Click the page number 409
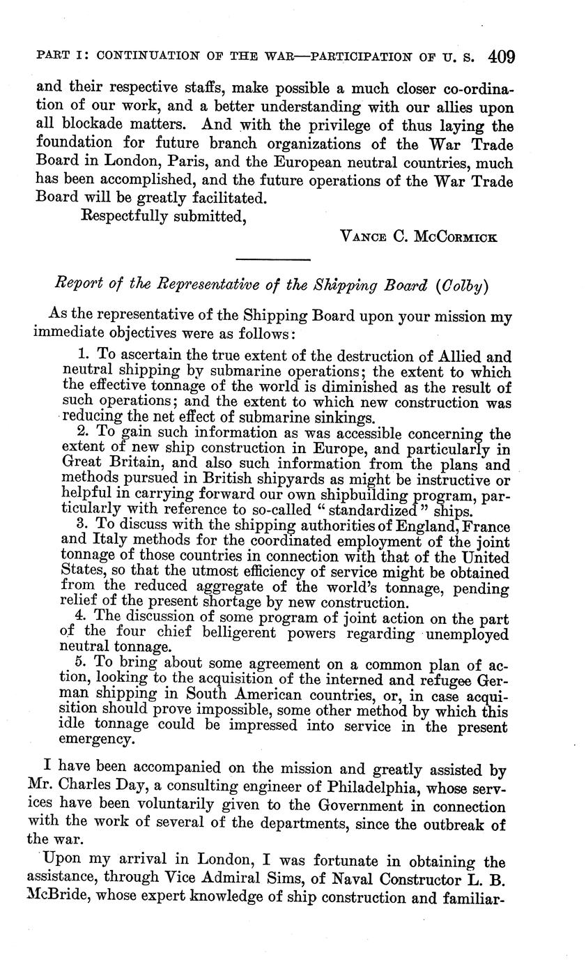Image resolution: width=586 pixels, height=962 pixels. point(502,56)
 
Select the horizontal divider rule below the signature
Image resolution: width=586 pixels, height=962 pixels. point(272,260)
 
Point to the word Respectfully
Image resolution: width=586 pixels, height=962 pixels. point(127,217)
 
